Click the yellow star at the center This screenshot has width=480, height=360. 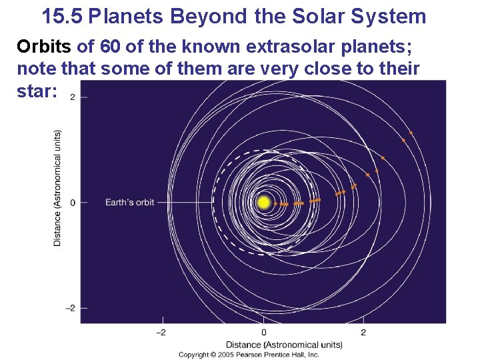pos(264,202)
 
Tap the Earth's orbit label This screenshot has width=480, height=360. pos(129,202)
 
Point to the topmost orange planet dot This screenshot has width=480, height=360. pos(411,133)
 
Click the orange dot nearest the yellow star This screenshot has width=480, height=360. pos(275,203)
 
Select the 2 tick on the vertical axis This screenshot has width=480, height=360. pos(73,97)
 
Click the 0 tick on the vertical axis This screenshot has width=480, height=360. pos(73,202)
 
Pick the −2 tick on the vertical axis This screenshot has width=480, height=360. pos(69,308)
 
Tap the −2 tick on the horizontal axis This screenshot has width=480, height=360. pos(161,332)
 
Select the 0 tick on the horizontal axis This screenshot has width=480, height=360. pos(263,332)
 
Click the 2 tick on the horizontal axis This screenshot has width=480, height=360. pos(363,332)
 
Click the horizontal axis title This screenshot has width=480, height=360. pos(284,344)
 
